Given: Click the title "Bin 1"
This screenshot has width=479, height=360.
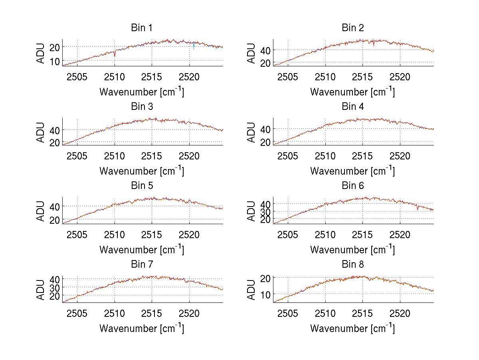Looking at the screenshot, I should click(142, 28).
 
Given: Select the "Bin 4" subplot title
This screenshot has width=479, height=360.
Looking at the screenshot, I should click(353, 107).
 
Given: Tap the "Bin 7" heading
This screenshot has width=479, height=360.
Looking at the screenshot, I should click(142, 265).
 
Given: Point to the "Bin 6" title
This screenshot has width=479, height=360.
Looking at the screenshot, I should click(353, 186).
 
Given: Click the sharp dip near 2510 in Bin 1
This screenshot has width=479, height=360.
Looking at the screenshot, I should click(115, 54).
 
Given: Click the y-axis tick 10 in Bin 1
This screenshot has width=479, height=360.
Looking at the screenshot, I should click(55, 61).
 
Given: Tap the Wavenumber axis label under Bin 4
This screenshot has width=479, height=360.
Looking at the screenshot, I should click(352, 171).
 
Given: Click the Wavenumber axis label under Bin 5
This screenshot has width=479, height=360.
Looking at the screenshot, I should click(142, 250).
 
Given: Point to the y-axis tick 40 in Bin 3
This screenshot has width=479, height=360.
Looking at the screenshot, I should click(55, 130).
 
